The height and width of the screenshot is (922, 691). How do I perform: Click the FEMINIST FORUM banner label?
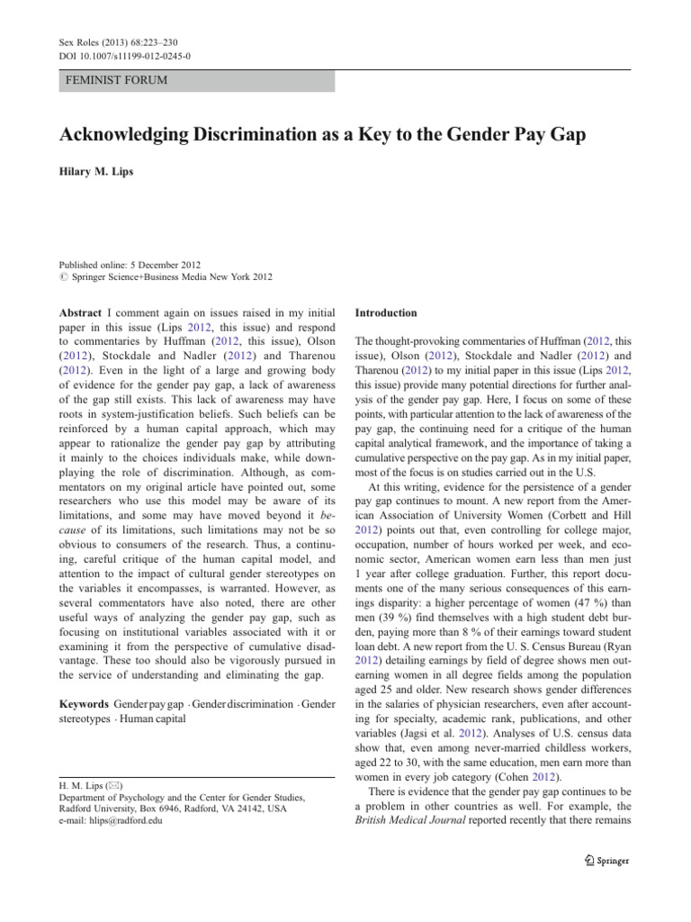(x=117, y=80)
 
